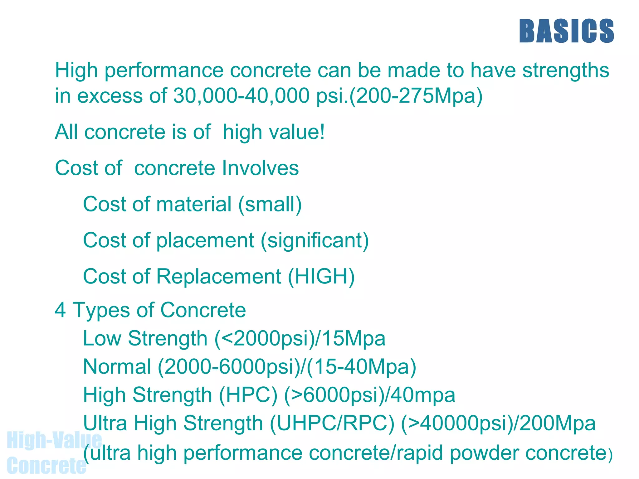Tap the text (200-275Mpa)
tap(416, 96)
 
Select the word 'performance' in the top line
tap(164, 71)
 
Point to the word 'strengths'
tap(566, 71)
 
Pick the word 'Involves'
tap(260, 168)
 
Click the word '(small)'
tap(270, 205)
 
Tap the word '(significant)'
tap(315, 241)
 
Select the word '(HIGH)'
tap(321, 277)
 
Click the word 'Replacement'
tap(219, 277)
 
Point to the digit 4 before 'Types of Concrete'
tap(60, 310)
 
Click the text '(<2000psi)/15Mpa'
tap(300, 339)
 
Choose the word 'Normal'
tap(117, 367)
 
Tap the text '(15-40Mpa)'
tap(361, 367)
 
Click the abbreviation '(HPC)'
tap(248, 395)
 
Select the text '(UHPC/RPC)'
tap(332, 424)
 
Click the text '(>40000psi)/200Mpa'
tap(498, 424)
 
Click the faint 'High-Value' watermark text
tap(54, 440)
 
